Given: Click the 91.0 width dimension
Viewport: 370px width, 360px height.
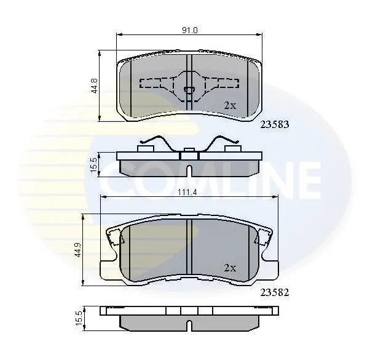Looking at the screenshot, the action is pos(190,31).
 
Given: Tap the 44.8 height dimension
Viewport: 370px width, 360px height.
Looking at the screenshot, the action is pos(95,86).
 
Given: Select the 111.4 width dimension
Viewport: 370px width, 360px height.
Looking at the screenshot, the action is pos(187,192).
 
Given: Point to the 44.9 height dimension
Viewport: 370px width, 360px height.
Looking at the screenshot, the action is pos(78,250).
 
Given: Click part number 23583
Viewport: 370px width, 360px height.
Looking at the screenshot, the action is pos(275,124).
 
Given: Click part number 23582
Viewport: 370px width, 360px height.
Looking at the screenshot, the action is pos(275,293).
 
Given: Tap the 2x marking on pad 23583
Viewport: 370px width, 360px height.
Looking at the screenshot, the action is pos(230,105).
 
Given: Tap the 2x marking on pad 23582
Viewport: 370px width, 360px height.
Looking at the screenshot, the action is pos(230,268).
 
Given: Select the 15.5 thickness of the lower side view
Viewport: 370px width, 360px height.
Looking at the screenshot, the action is pos(79,318).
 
